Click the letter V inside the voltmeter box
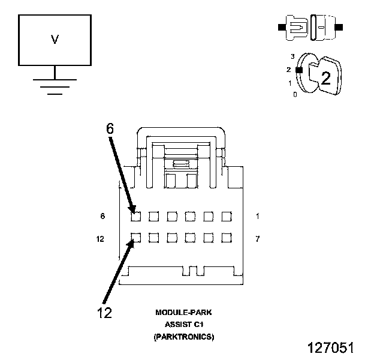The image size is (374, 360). (55, 40)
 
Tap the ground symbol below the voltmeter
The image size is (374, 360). (55, 84)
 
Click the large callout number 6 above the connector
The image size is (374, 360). (110, 129)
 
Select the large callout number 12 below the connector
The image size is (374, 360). (104, 313)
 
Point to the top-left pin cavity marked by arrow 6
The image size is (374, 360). (135, 217)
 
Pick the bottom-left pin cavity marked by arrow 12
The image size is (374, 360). (135, 238)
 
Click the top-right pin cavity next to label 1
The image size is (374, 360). (227, 217)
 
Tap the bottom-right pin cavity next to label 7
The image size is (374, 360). (227, 238)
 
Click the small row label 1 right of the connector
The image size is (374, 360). (258, 216)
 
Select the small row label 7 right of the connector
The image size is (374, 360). (258, 239)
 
